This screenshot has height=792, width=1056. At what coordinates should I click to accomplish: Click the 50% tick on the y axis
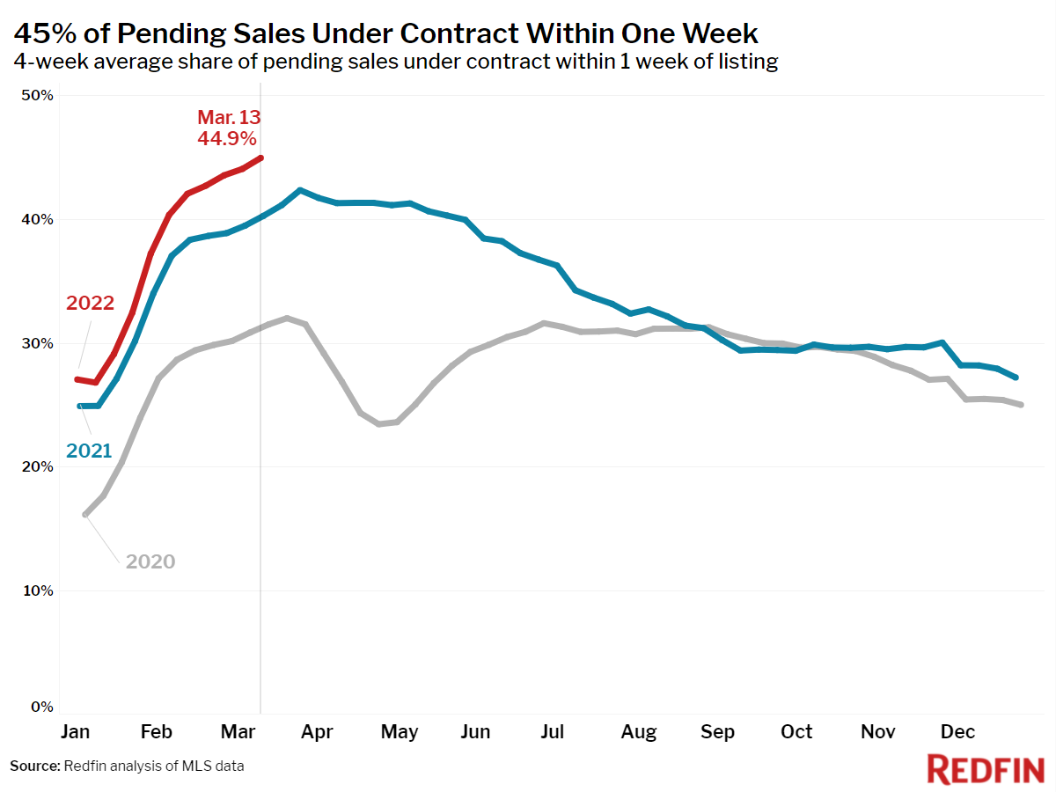click(37, 95)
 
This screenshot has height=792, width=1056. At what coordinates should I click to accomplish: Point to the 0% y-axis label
click(42, 707)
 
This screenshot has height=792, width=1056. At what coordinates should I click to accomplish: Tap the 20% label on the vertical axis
click(37, 466)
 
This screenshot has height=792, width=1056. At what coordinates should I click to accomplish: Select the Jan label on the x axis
click(75, 731)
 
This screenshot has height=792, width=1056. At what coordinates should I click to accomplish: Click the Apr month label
click(317, 732)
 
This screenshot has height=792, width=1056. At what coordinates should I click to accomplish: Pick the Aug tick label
click(638, 732)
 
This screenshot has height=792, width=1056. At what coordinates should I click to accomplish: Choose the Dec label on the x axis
click(957, 731)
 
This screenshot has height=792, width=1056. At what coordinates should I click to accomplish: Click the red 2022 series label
click(90, 303)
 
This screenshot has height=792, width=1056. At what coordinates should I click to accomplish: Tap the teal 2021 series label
click(89, 451)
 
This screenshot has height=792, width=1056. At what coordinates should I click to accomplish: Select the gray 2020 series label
click(150, 561)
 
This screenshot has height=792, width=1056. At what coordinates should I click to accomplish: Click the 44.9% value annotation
click(226, 138)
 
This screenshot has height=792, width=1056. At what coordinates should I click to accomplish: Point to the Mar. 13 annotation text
click(229, 117)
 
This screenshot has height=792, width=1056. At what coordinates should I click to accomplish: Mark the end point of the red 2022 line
click(260, 158)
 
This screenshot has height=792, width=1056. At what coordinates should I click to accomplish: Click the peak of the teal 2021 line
click(300, 190)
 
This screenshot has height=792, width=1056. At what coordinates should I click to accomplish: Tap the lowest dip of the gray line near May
click(379, 424)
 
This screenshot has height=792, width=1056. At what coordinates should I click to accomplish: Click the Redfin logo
click(986, 769)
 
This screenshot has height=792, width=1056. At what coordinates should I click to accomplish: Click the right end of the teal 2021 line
click(1016, 378)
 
